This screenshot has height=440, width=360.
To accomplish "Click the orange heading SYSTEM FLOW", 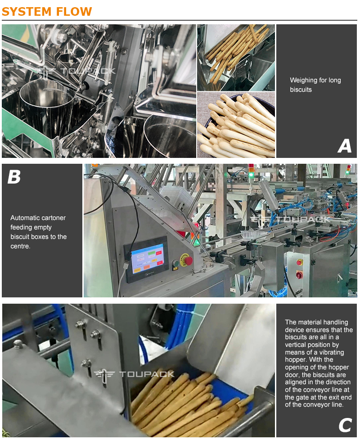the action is pos(47,12).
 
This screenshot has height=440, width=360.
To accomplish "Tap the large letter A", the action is pos(345,146).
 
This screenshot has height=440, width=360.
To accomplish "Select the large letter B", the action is pos(14,177).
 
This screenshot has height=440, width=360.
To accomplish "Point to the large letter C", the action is pos(345,425).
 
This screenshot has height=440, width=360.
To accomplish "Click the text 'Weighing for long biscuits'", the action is pos(315,85).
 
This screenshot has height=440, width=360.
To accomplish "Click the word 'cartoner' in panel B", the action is pos(53,218).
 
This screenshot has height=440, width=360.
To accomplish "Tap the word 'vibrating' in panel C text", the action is pos(331,352).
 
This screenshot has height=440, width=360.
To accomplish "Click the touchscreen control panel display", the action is pos(147,259).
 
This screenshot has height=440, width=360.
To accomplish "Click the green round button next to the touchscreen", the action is pos(175,264).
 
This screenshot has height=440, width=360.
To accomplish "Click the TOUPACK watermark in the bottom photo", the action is pos(134,374).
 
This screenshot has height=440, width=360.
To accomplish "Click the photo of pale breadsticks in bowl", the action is pos(236,125).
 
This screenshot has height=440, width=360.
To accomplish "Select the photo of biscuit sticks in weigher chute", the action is pos(236,58).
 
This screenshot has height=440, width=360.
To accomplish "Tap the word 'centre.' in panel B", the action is pos(20,246).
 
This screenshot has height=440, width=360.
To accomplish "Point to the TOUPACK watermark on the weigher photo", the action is pos(76,72).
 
